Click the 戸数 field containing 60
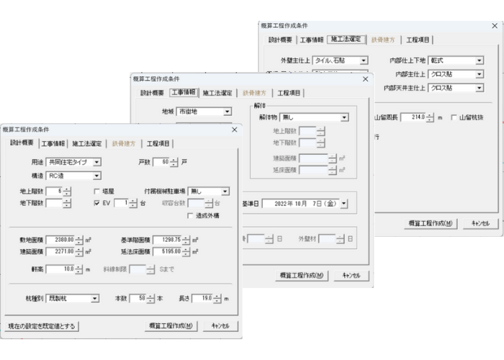click(x=161, y=162)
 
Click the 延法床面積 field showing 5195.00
click(x=167, y=251)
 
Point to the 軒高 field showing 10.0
click(x=60, y=269)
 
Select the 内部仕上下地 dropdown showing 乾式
click(x=456, y=61)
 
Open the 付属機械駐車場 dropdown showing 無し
click(x=208, y=192)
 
